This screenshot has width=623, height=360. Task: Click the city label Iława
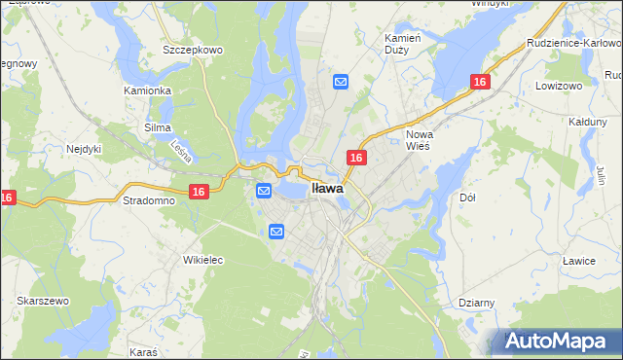pos(327,189)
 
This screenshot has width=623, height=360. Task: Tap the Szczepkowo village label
pos(194,50)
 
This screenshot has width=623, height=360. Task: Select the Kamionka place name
pos(148,90)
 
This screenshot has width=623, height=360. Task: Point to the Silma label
pos(157,127)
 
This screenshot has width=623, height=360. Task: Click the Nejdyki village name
pos(85,149)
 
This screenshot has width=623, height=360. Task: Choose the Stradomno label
pos(147,200)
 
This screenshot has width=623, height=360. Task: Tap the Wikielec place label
pos(203,260)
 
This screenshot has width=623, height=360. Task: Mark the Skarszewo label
pos(42,301)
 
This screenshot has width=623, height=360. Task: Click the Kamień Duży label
pos(402,42)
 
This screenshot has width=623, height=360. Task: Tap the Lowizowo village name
pos(557,86)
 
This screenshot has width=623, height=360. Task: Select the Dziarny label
pos(476,303)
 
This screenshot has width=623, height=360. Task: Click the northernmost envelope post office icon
pos(341,83)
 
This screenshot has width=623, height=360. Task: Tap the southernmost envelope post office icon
pos(276,232)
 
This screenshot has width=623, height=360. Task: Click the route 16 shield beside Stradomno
pos(199,193)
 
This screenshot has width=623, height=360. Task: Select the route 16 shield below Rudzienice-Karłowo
pos(479,84)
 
